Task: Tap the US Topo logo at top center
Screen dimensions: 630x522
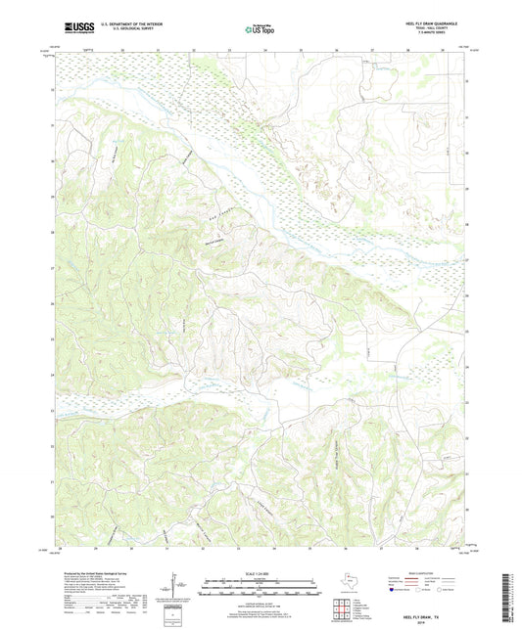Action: [x=261, y=30]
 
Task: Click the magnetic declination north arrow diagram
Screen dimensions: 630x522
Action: [x=176, y=587]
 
